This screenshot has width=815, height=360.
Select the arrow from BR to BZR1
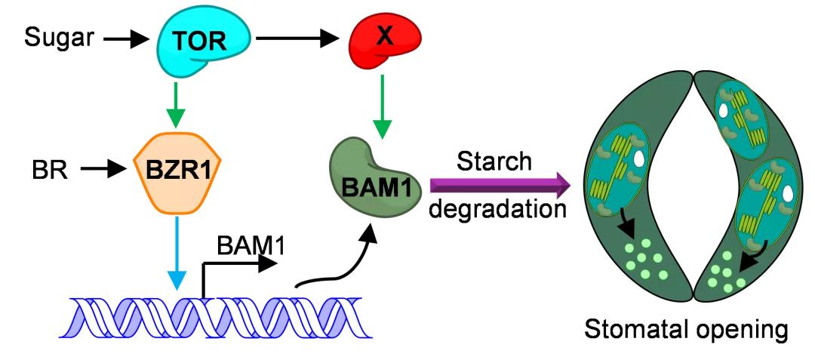(101, 171)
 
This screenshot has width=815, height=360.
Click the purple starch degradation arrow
(499, 183)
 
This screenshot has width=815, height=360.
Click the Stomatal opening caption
(690, 329)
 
